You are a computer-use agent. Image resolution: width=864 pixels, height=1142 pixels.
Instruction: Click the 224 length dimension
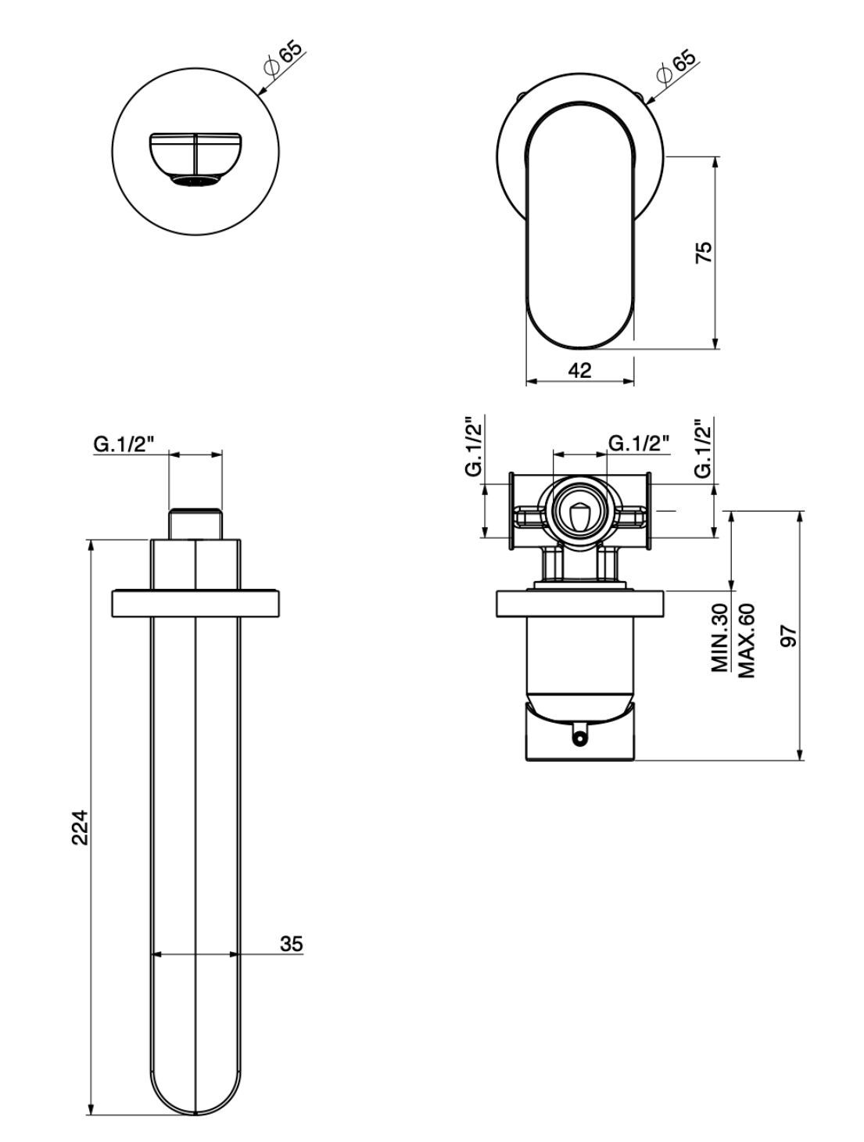coord(80,827)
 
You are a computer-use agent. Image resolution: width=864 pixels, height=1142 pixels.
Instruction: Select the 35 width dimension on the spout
coord(291,943)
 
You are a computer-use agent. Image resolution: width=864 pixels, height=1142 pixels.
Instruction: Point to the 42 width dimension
coord(579,370)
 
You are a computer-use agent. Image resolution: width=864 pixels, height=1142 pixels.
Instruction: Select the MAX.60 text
coord(745,639)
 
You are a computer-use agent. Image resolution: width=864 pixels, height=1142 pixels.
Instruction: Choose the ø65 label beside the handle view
coord(676,66)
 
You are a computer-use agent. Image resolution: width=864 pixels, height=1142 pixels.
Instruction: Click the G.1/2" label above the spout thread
coord(124,444)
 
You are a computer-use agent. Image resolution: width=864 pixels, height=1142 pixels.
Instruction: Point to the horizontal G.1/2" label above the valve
coord(639,444)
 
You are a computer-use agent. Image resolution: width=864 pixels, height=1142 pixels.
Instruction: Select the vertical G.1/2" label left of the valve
coord(473,447)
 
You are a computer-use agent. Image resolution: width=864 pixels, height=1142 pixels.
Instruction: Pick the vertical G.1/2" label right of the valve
coord(703,447)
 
